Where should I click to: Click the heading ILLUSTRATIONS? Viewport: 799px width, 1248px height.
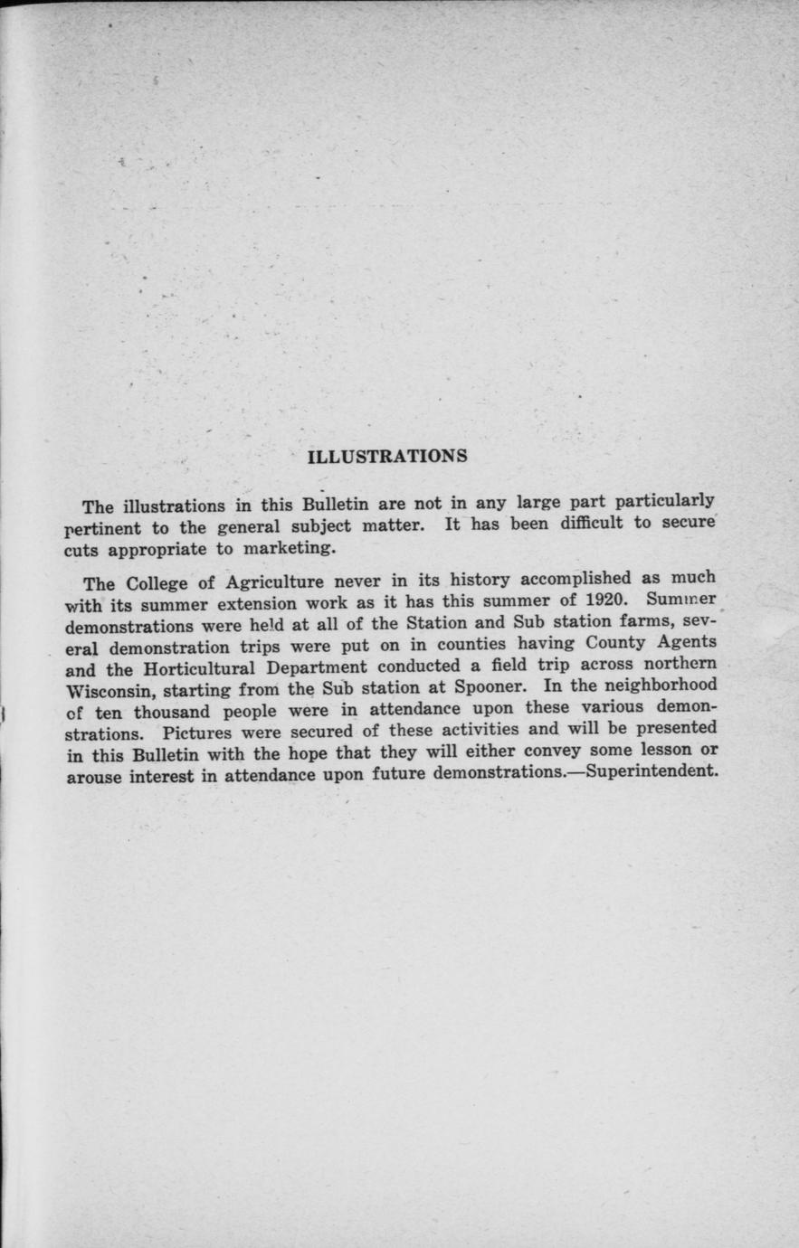(x=387, y=456)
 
